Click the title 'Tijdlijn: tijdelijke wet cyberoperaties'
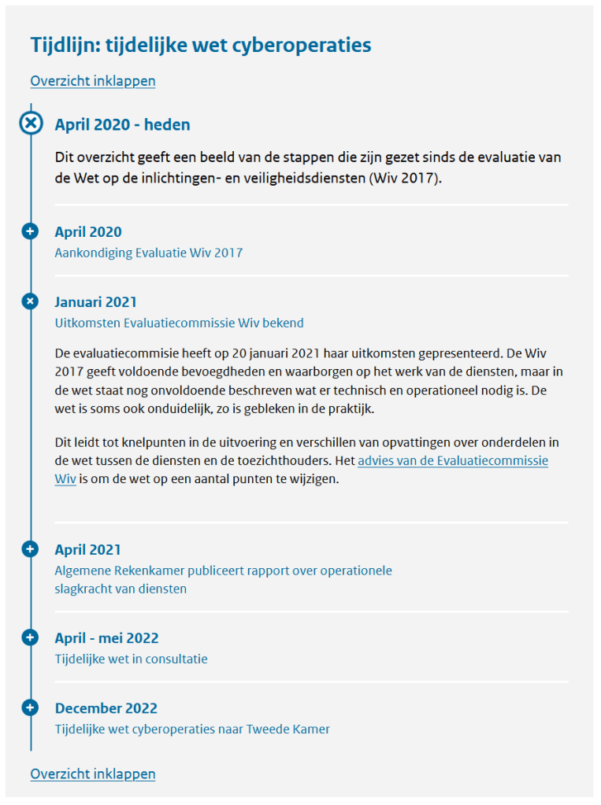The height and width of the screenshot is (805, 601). (201, 45)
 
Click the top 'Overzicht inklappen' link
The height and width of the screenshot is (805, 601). (93, 81)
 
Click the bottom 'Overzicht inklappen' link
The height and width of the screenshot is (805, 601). (93, 774)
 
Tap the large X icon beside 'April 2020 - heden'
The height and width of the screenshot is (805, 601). (31, 124)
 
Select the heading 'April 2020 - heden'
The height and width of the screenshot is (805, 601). (122, 125)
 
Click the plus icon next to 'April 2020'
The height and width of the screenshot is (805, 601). (30, 231)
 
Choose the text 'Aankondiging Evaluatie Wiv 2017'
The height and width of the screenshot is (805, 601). (148, 253)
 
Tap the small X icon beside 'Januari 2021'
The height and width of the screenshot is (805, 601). (30, 301)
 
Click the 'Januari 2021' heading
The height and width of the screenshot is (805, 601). (95, 302)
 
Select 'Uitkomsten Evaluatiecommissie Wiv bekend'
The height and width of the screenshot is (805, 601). (179, 323)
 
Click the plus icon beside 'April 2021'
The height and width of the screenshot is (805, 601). (30, 549)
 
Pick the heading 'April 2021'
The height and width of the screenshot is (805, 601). (87, 550)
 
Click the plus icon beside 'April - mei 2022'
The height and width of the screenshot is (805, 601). (30, 637)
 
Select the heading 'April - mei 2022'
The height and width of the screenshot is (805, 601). (106, 638)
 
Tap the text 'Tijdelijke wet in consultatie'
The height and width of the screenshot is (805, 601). (131, 659)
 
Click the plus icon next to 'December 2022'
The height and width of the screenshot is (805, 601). (30, 707)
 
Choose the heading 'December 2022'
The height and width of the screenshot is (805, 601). (106, 708)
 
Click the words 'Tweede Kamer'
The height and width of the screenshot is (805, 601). (288, 729)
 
